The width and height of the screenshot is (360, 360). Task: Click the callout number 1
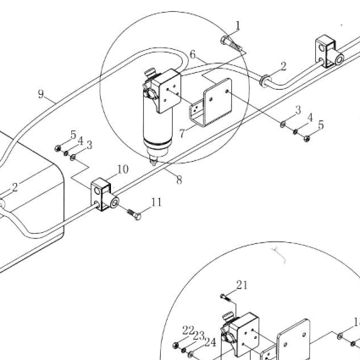point(238,25)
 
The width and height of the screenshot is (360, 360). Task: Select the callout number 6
point(192,54)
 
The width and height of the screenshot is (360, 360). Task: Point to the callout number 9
point(42,94)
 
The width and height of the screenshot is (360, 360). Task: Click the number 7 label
point(182,133)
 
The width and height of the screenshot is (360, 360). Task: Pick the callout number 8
point(180,180)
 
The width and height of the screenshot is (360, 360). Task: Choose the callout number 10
point(123,169)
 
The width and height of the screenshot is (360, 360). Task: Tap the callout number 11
point(157,202)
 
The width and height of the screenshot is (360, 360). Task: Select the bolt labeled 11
point(134,214)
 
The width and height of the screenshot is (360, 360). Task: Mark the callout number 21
point(241,285)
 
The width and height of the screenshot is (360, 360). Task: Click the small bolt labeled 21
point(226,297)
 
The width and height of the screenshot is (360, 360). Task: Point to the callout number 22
point(188,330)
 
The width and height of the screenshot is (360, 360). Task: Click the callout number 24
point(210,342)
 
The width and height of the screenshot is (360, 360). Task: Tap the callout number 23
point(199,336)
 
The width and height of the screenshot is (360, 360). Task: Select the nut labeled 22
point(176,345)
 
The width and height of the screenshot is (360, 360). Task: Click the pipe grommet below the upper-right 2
point(264,81)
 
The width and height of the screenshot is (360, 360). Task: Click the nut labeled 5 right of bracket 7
point(307,138)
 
